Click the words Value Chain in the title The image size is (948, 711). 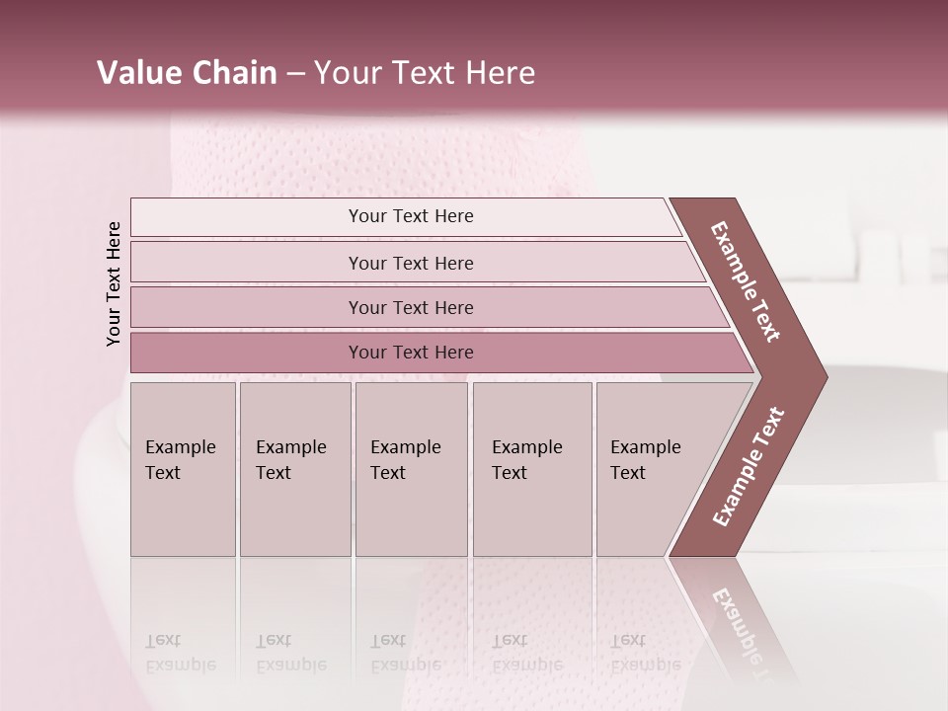(187, 73)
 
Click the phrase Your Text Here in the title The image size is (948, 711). (425, 73)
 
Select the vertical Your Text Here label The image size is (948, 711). (114, 283)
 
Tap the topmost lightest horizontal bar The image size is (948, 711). (411, 216)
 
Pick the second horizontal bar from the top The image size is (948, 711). (411, 263)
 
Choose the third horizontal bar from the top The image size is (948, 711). (411, 307)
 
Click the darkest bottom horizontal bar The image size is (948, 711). (411, 353)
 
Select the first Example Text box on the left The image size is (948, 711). (183, 469)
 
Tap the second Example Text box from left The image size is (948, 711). (294, 469)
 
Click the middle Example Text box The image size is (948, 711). (411, 469)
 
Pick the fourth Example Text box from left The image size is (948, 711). (531, 469)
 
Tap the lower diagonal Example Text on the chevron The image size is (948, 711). (749, 466)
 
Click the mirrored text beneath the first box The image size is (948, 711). (181, 653)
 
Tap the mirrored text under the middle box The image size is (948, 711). (405, 653)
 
